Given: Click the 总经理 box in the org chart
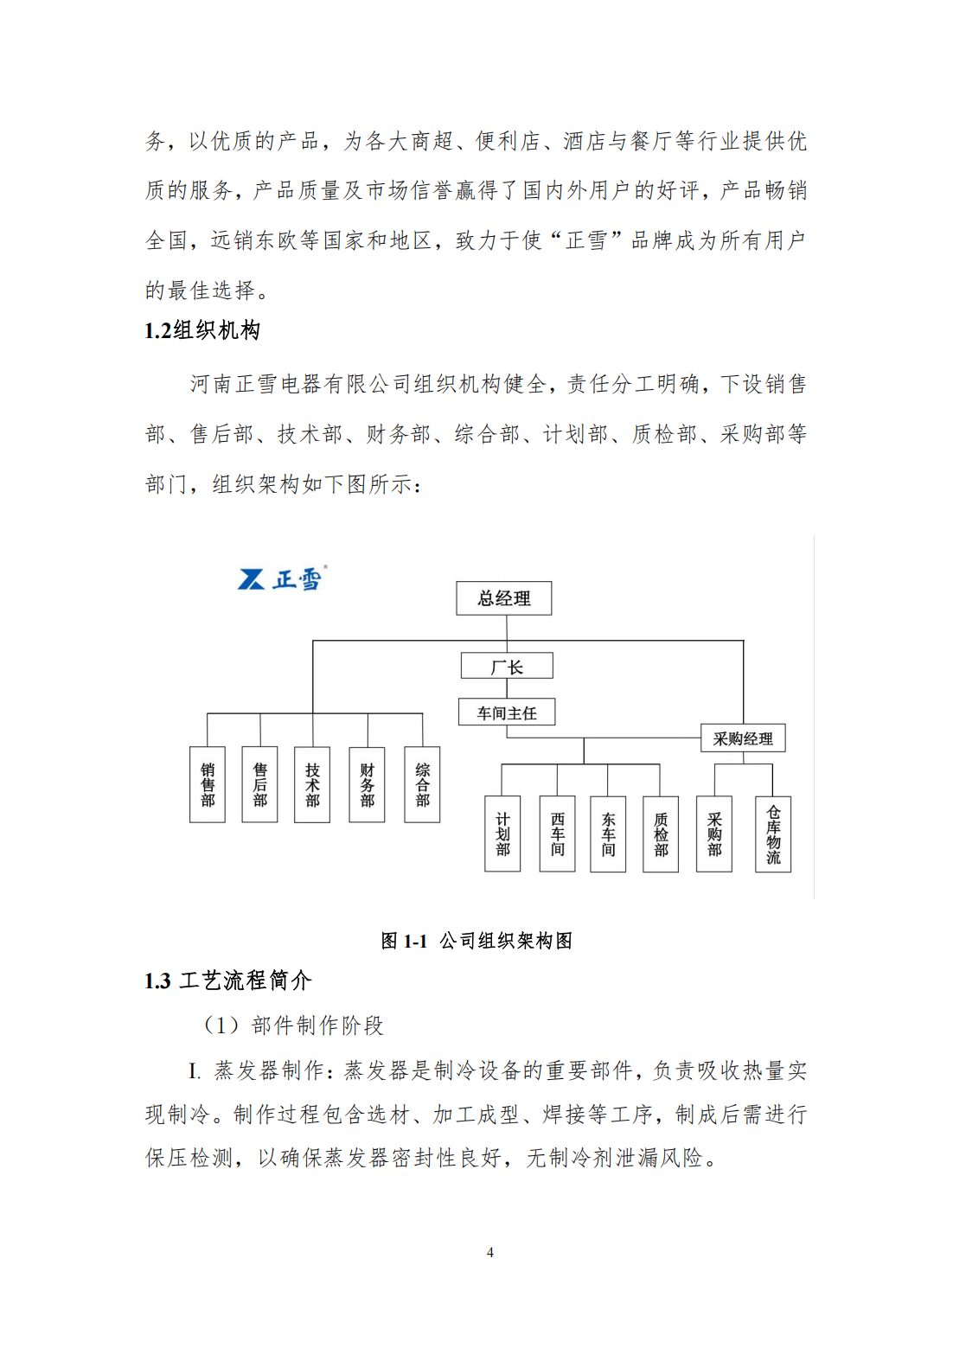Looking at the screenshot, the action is (x=503, y=597).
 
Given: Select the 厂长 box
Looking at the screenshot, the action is (x=507, y=666).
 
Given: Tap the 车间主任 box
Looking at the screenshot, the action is (x=506, y=712).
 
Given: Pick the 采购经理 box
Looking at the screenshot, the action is (x=743, y=738).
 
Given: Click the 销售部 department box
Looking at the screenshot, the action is (x=208, y=784).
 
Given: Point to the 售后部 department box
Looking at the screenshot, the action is (x=260, y=784).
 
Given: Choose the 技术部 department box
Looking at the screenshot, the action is (x=312, y=784).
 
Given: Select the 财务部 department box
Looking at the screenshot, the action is (x=368, y=784).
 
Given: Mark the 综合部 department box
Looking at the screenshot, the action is (x=423, y=784).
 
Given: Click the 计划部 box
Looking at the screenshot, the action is (x=502, y=834).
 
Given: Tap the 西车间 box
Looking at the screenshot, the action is (x=558, y=834).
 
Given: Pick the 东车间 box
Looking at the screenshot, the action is (x=608, y=834).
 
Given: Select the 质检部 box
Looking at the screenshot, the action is (x=661, y=834).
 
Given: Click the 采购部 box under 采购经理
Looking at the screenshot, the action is (x=714, y=834).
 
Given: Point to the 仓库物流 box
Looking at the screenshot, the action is (x=774, y=834).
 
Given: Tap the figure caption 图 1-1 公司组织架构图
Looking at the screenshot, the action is (x=476, y=940).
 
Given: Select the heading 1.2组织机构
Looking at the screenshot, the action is (x=202, y=330).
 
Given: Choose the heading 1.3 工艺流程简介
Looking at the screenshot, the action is (x=228, y=981).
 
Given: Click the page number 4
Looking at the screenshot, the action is (x=490, y=1252).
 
